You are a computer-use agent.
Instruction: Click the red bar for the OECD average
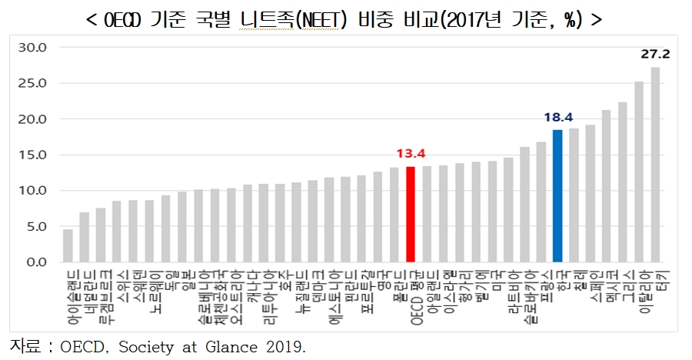click(411, 214)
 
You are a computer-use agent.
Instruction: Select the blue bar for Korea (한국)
click(557, 196)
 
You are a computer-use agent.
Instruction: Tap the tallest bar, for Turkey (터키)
click(655, 165)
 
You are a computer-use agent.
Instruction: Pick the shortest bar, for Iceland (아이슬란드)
click(68, 245)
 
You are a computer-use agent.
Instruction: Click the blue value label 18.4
click(557, 118)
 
